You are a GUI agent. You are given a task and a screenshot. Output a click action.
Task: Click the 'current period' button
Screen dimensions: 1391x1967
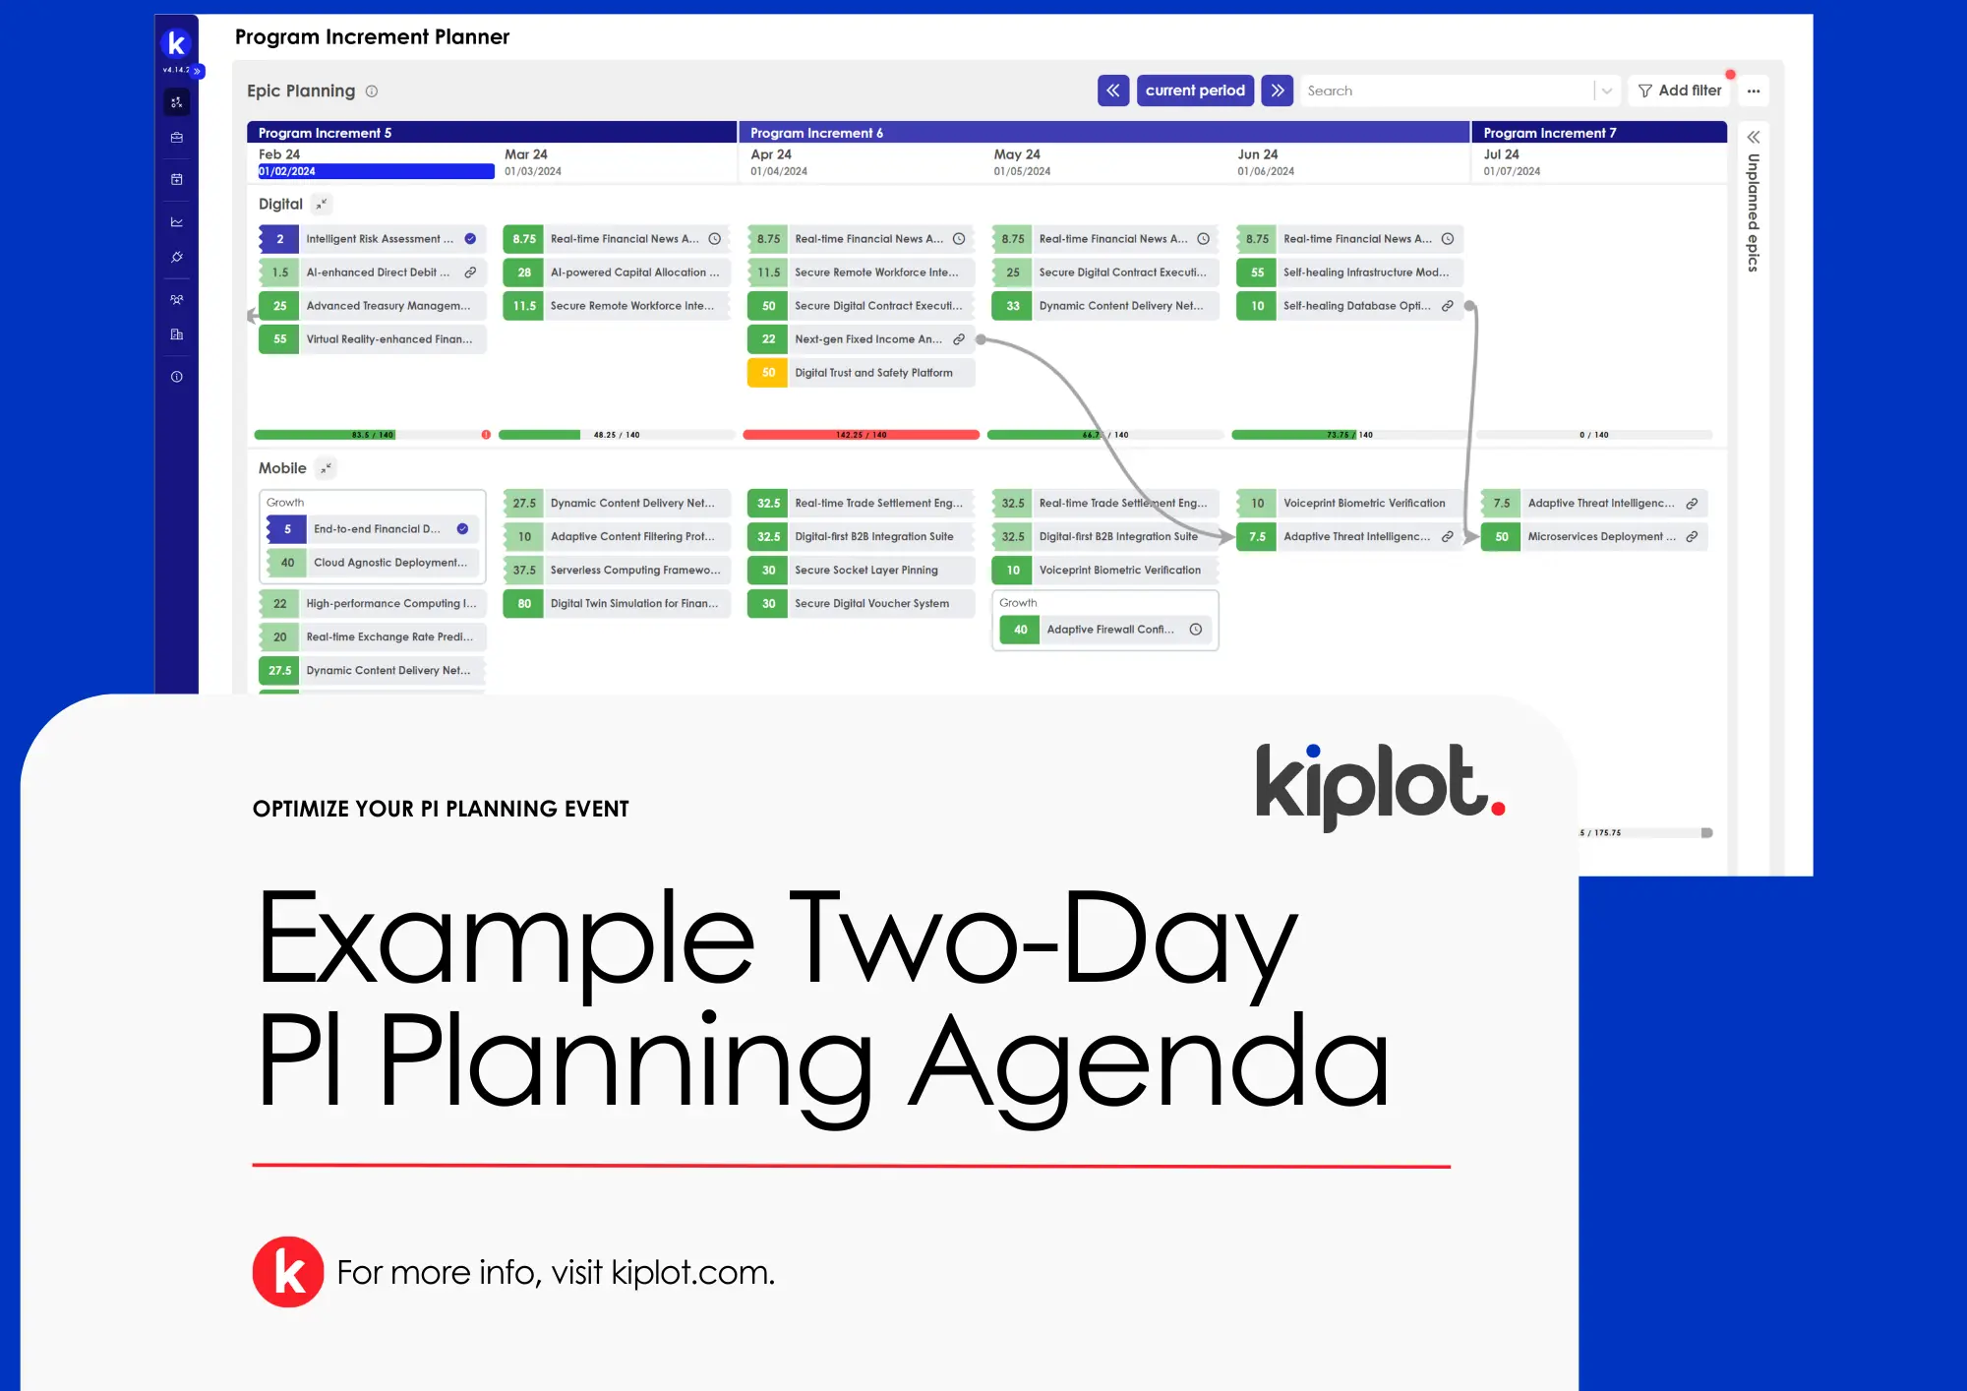(1194, 91)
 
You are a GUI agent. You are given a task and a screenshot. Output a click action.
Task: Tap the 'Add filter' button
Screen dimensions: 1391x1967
(1680, 91)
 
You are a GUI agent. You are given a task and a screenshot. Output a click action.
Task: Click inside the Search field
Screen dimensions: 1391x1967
(1446, 91)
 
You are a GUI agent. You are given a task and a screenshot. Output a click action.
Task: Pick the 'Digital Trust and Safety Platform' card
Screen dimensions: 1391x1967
(873, 373)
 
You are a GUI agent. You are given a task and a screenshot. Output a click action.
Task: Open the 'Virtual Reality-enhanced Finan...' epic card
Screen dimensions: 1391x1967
(388, 339)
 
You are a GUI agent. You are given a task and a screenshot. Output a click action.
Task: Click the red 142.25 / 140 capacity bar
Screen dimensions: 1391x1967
(861, 435)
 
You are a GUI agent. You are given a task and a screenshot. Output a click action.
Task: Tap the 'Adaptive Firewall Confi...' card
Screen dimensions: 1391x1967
(1109, 630)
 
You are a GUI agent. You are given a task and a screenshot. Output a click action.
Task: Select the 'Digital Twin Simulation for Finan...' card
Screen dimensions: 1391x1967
(633, 604)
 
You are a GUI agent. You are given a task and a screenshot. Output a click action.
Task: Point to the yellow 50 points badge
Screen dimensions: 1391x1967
(768, 373)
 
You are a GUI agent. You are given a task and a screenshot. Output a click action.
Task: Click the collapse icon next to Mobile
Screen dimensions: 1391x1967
(326, 468)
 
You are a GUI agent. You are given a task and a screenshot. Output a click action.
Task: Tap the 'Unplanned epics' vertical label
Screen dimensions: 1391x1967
(1753, 212)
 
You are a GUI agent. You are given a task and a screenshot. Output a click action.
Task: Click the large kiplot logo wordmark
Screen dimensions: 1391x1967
(1377, 784)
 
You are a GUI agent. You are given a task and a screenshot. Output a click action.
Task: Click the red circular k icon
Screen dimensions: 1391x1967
(288, 1272)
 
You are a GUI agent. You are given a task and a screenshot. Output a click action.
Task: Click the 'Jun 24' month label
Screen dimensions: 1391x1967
(1257, 154)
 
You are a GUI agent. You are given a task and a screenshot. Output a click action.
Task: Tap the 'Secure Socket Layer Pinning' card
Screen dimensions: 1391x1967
(865, 571)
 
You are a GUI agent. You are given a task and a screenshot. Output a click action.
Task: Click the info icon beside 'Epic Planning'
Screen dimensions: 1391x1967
(372, 91)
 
